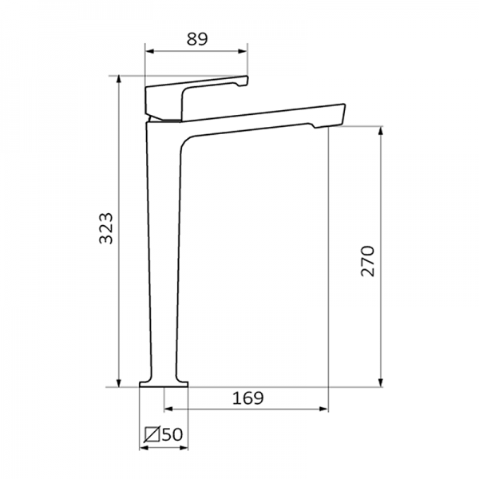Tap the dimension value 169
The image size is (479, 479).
point(247,397)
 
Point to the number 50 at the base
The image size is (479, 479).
point(172,436)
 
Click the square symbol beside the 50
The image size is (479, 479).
point(152,436)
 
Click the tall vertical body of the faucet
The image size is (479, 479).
point(164,255)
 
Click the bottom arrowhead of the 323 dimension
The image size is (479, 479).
point(119,383)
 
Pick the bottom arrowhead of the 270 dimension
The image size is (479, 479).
point(382,383)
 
